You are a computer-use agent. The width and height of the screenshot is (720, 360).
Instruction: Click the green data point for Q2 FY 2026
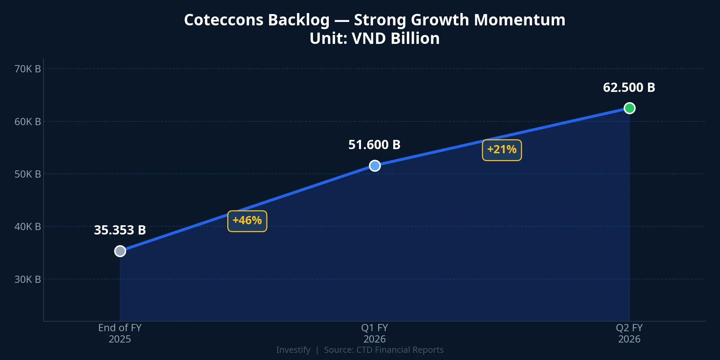(x=629, y=108)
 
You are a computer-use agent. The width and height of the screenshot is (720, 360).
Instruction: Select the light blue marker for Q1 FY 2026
(x=375, y=166)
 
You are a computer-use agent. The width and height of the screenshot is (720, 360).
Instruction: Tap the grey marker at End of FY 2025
(x=120, y=251)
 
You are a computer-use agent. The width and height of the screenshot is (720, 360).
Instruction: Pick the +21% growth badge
(x=502, y=150)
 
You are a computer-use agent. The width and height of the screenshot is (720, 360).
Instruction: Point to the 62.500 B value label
(x=629, y=88)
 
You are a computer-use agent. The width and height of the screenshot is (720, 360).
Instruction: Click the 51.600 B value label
(x=374, y=145)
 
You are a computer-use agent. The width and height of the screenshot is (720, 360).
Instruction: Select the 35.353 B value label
(x=120, y=230)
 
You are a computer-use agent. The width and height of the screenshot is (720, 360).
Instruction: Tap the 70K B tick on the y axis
(x=27, y=69)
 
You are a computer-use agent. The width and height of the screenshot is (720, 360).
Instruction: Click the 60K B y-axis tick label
(x=27, y=122)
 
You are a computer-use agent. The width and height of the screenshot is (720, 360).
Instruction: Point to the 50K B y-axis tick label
(x=27, y=174)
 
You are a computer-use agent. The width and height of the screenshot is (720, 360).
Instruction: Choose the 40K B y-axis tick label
(x=27, y=227)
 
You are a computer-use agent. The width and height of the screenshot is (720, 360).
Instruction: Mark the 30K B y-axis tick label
(x=27, y=279)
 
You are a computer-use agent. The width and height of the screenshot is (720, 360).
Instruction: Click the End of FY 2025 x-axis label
(x=120, y=333)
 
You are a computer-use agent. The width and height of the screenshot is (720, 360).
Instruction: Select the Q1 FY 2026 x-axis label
(x=374, y=333)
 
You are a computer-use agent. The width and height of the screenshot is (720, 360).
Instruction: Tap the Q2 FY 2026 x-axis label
(x=629, y=333)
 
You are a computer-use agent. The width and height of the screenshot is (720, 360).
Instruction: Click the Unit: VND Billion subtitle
(x=374, y=38)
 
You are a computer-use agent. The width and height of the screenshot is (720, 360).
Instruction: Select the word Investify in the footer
(x=293, y=350)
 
